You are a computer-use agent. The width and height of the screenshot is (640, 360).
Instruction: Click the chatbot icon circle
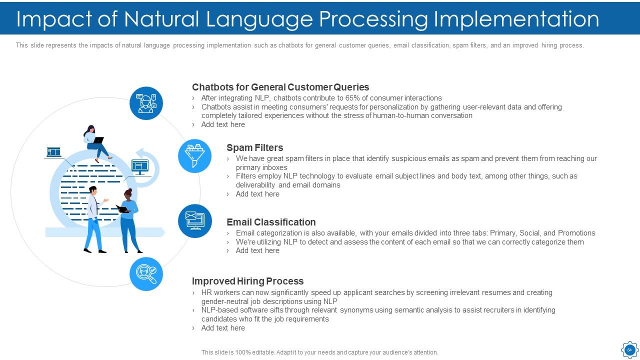coord(146,103)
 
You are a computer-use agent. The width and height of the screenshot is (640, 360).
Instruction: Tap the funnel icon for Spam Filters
coord(194,156)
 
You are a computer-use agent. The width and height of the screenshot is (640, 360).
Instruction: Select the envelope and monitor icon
coord(194,221)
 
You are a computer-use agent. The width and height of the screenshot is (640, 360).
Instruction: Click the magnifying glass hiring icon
coord(146,274)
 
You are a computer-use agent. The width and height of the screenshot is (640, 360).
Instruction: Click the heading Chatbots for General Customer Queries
coord(280,87)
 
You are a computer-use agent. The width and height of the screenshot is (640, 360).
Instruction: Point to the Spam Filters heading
coord(254,147)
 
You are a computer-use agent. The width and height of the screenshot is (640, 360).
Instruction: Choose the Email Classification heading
coord(271,222)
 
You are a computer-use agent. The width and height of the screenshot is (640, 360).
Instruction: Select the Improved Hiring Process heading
coord(247,281)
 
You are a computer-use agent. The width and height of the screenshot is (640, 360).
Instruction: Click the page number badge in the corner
coord(629,349)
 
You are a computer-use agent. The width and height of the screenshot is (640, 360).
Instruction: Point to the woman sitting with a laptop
coord(95,142)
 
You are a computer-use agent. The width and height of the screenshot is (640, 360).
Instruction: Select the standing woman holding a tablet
coord(128,220)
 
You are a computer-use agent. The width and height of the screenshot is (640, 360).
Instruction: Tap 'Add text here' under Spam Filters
coord(257,194)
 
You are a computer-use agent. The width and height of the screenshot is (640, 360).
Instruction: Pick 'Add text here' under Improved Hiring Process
coord(223,328)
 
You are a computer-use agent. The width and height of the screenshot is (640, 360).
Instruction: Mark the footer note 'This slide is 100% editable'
coord(319,352)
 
